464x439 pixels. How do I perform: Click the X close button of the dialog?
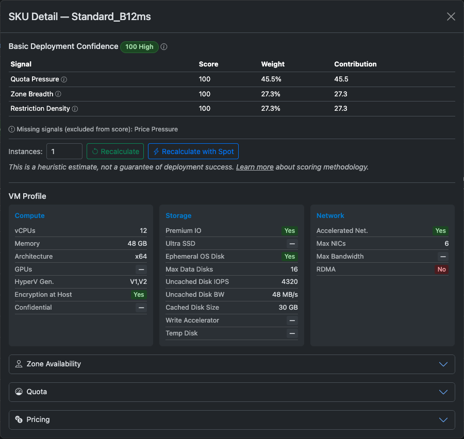(451, 16)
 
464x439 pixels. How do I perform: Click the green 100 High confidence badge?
(139, 47)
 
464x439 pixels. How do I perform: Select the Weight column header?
(273, 64)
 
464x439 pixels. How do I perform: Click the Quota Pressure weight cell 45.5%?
(271, 79)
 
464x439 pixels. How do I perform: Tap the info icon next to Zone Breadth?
(58, 94)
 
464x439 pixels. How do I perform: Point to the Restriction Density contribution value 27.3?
(341, 109)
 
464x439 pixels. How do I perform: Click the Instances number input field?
(64, 151)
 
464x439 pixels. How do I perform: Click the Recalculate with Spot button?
(193, 151)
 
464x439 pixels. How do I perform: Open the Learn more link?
(255, 167)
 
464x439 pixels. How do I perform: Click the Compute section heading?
(29, 215)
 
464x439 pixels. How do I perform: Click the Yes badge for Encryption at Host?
(139, 295)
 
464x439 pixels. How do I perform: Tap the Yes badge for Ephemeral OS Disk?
(290, 257)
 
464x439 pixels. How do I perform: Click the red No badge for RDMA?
(441, 269)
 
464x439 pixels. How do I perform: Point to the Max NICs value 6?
(446, 244)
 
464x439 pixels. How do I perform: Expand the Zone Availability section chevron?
(443, 364)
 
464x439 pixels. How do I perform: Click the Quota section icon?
(19, 392)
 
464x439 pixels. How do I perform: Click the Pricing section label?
(38, 419)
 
